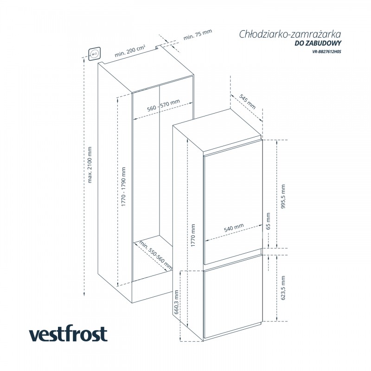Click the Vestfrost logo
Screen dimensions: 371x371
(x=68, y=334)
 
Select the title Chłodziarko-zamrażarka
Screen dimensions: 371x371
(x=291, y=34)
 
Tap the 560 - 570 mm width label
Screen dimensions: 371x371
(x=163, y=105)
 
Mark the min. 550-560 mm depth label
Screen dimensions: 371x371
(x=156, y=256)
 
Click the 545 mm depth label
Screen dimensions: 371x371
(x=248, y=101)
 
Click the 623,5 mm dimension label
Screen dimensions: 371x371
(x=283, y=288)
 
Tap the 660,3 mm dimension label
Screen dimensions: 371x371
(x=177, y=303)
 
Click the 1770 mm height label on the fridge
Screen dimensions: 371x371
(x=193, y=235)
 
